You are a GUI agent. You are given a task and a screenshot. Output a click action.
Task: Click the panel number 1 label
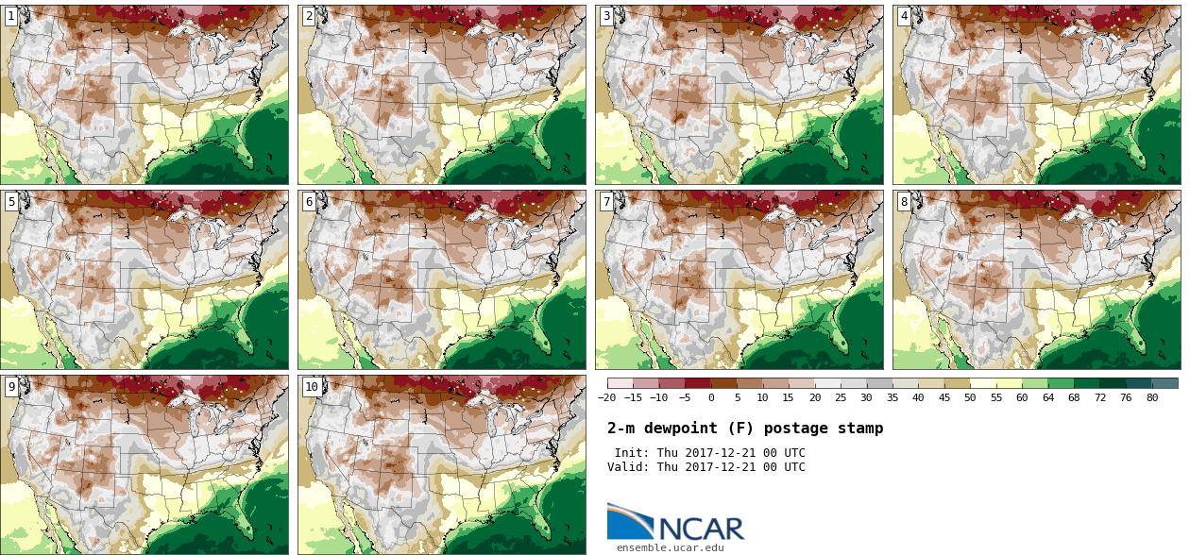coord(11,16)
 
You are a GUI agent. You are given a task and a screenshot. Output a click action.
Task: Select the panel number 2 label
coord(309,16)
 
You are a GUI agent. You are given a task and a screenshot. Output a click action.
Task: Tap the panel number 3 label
coord(606,16)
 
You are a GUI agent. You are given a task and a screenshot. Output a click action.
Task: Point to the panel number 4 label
coord(904,16)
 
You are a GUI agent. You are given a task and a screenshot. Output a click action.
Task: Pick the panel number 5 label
coord(11,201)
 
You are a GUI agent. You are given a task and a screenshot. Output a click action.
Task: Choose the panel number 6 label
coord(309,201)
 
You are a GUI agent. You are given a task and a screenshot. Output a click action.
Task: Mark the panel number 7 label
coord(606,201)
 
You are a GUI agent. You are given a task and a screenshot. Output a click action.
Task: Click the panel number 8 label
coord(904,201)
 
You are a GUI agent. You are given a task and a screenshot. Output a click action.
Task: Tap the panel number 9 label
coord(11,386)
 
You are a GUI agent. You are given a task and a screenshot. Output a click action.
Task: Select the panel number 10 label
coord(312,386)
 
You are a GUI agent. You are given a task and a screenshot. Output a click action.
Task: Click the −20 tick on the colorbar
coord(606,397)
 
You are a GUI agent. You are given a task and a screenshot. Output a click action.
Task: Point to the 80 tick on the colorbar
coord(1152,397)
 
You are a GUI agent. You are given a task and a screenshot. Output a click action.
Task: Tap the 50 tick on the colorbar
coord(970,397)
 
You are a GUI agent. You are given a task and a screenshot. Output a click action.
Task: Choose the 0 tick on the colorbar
coord(711,397)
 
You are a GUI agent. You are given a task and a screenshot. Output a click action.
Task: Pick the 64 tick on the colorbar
coord(1048,397)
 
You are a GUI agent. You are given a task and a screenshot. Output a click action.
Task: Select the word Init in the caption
coord(630,453)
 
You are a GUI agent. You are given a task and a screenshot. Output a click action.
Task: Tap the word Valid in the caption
coord(627,467)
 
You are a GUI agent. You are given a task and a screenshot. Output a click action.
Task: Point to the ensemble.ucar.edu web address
coord(671,547)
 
